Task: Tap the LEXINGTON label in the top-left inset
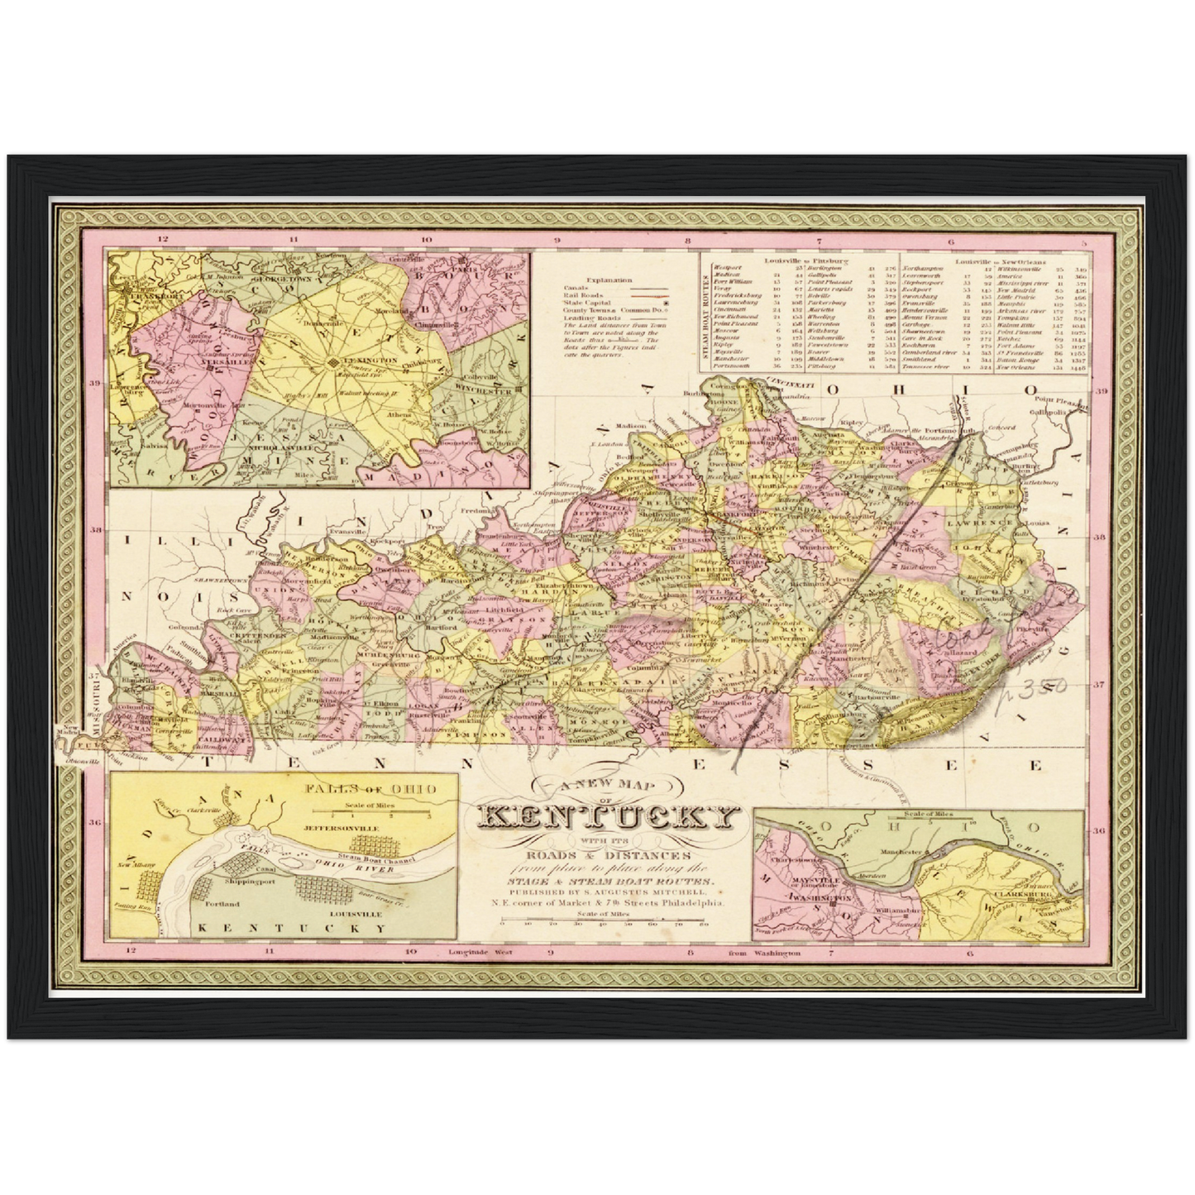click(x=361, y=361)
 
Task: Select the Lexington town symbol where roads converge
click(x=332, y=363)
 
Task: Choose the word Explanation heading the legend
click(x=606, y=280)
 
